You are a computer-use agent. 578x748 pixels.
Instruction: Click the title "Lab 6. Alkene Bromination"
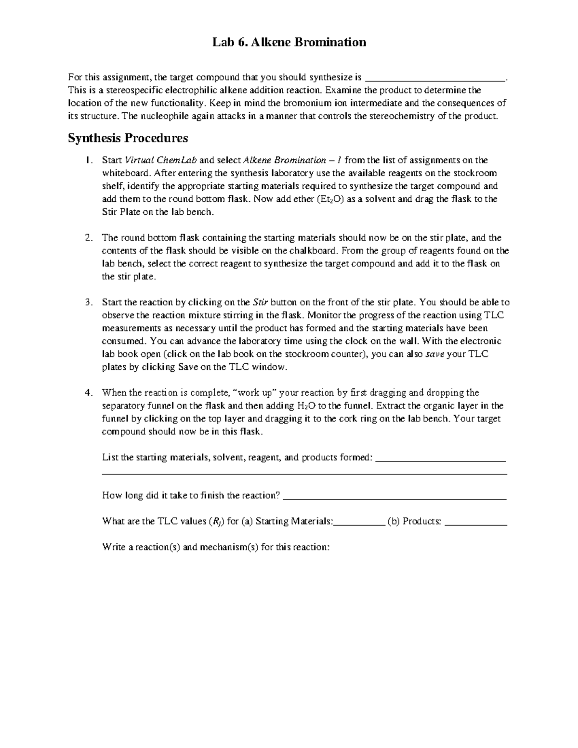(x=289, y=42)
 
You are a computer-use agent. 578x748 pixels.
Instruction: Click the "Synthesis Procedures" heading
(x=128, y=138)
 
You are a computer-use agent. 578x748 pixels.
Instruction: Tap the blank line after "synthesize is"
(x=435, y=77)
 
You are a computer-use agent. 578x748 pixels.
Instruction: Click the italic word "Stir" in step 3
(x=260, y=302)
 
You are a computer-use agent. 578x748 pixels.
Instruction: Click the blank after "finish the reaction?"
(x=395, y=496)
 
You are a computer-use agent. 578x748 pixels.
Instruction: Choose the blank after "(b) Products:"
(x=476, y=522)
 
